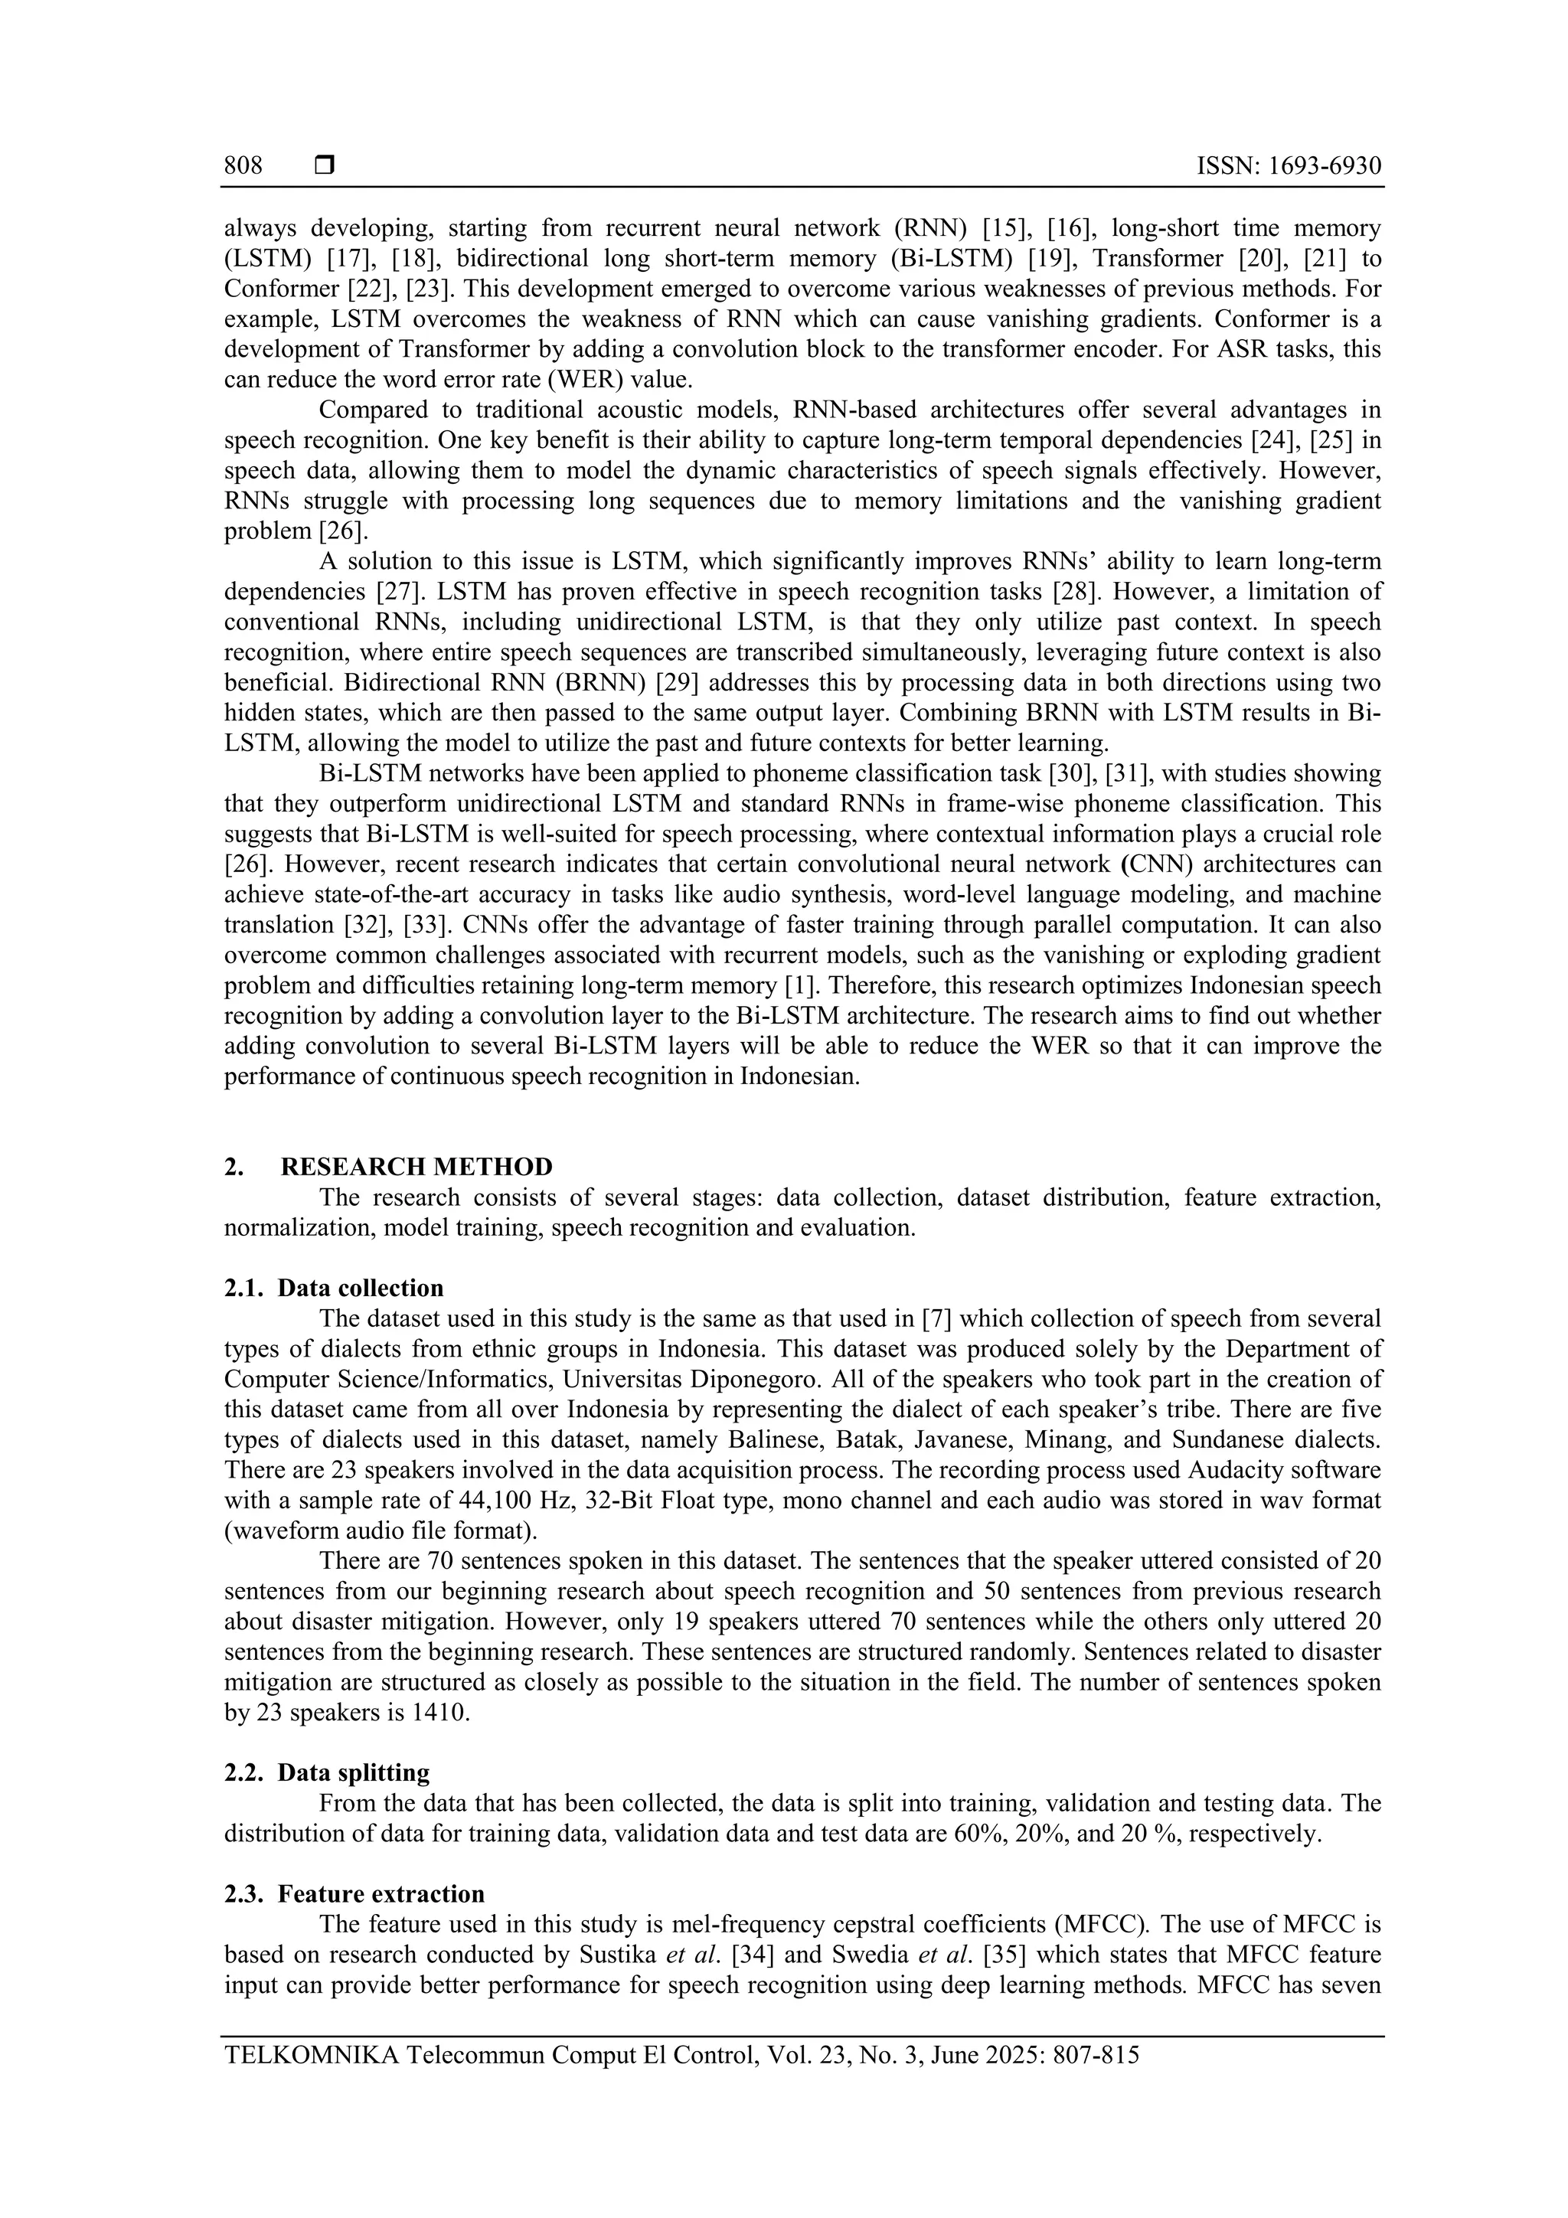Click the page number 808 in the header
click(243, 166)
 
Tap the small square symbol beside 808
click(325, 166)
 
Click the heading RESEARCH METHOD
click(416, 1167)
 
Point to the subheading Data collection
click(361, 1288)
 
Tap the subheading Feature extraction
click(381, 1893)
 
